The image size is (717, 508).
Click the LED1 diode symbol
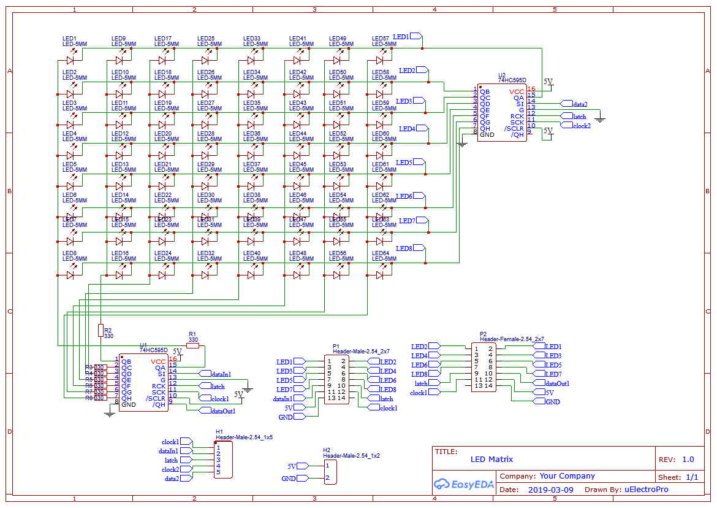(70, 60)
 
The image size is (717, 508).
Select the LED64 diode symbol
(380, 275)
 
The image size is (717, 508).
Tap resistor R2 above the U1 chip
(101, 331)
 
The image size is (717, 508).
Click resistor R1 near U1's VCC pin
(192, 346)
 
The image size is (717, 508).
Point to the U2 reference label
(502, 75)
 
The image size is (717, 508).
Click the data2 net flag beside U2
(579, 104)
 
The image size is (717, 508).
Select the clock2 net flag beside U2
(581, 126)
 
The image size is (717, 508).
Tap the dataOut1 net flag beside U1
(222, 411)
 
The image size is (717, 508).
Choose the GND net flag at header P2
(552, 402)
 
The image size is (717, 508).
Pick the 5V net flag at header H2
(292, 466)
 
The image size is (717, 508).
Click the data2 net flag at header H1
(172, 479)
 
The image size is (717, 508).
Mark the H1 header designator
(219, 432)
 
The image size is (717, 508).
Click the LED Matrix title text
(491, 459)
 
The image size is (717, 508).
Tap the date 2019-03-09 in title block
(550, 490)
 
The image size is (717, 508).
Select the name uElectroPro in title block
(646, 490)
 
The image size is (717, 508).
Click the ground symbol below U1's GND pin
(110, 415)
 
